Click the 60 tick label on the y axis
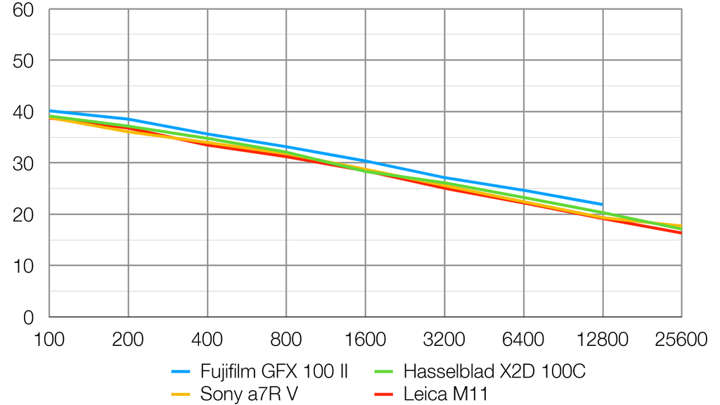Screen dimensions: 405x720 tap(25, 9)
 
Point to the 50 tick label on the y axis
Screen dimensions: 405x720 tap(25, 60)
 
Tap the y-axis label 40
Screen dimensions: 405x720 tap(25, 112)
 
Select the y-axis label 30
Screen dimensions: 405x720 tap(25, 163)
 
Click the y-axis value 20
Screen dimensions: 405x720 tap(25, 214)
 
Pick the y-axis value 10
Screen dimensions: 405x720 tap(25, 266)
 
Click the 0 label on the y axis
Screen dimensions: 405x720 tap(30, 317)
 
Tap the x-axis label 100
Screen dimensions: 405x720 tap(49, 340)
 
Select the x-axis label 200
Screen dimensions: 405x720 tap(128, 340)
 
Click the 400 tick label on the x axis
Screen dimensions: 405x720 tap(207, 340)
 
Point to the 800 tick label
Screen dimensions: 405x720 tap(286, 340)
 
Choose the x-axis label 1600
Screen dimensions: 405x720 tap(366, 340)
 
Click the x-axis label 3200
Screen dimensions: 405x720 tap(444, 340)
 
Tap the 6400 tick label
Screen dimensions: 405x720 tap(524, 340)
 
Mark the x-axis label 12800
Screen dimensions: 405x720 tap(603, 340)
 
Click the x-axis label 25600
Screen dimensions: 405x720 tap(681, 340)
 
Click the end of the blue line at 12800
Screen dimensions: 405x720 tap(603, 205)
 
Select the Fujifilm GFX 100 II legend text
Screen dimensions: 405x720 tap(274, 371)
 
